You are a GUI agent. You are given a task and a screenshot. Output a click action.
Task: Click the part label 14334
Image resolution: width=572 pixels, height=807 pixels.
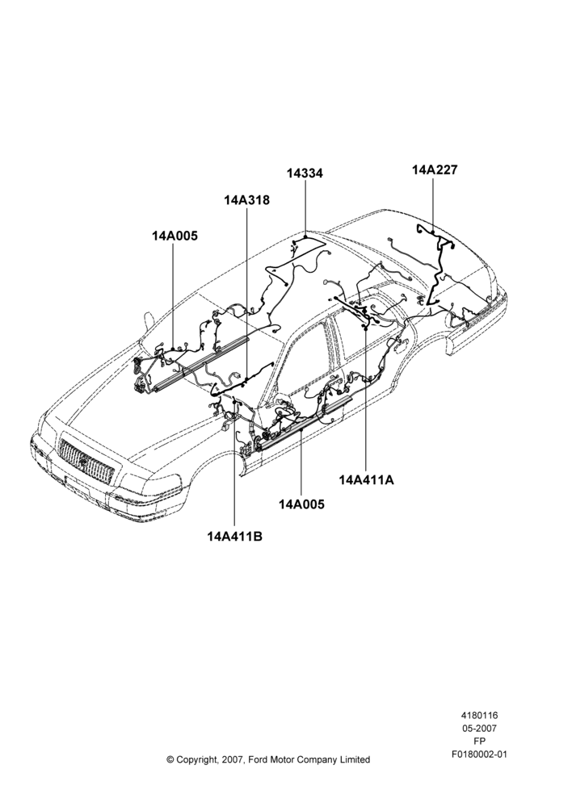pyautogui.click(x=305, y=174)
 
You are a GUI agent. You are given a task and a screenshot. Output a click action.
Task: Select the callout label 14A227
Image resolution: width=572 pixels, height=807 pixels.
pyautogui.click(x=435, y=169)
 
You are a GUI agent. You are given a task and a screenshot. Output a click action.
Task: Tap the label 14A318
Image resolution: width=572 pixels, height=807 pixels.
pyautogui.click(x=247, y=200)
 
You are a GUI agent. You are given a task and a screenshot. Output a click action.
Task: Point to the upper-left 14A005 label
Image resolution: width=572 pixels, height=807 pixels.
pyautogui.click(x=175, y=236)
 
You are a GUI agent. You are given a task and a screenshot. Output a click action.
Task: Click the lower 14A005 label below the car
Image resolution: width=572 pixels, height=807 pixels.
pyautogui.click(x=302, y=504)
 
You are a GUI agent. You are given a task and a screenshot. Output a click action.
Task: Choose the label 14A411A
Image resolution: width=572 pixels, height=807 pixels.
pyautogui.click(x=367, y=479)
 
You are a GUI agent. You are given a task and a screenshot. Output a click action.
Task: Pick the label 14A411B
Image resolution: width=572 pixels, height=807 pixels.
pyautogui.click(x=235, y=537)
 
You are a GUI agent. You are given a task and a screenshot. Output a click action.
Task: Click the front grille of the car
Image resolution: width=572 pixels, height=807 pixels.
pyautogui.click(x=86, y=460)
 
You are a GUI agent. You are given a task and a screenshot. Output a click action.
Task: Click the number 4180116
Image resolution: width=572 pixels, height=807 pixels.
pyautogui.click(x=479, y=715)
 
